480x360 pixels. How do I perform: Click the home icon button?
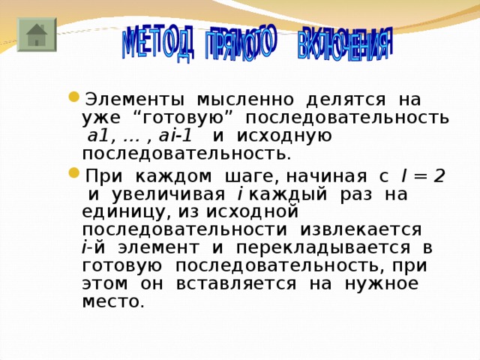click(x=32, y=34)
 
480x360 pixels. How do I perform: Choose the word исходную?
click(x=288, y=136)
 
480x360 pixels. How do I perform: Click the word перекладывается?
click(x=332, y=247)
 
